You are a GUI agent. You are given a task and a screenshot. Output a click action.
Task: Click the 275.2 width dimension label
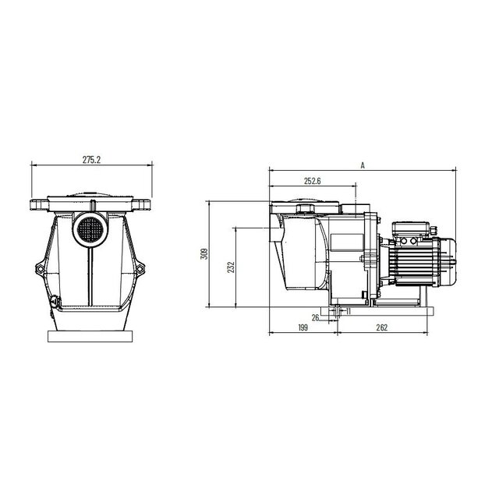[91, 159]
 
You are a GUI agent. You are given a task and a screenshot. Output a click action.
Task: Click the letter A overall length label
[363, 165]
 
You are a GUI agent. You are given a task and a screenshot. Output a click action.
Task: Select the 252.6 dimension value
[313, 182]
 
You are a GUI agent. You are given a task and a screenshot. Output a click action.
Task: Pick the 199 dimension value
[303, 329]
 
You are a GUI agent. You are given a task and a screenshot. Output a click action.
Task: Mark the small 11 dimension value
[347, 312]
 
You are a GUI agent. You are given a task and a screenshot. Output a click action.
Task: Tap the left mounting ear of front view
[41, 270]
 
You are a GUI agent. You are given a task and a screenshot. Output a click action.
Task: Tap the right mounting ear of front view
[141, 270]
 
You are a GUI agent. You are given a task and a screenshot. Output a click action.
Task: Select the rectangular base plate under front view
[91, 337]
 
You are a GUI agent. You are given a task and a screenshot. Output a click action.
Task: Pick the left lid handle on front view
[40, 206]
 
